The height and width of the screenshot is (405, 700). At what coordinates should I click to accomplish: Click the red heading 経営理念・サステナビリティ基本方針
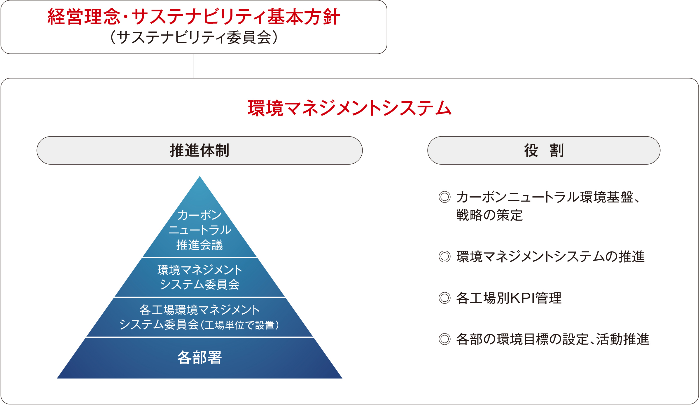tap(194, 17)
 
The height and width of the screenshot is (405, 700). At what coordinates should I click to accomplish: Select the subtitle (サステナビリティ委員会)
tap(194, 38)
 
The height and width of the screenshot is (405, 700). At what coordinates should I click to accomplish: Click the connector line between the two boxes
tap(194, 66)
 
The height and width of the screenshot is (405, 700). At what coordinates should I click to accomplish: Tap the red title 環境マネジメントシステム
tap(349, 108)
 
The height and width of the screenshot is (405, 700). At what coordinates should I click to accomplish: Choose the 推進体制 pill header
tap(199, 151)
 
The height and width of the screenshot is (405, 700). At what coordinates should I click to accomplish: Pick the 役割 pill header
tap(544, 151)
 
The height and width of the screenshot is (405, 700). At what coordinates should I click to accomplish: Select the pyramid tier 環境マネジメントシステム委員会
tap(199, 277)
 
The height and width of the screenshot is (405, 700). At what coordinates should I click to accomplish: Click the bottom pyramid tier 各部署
tap(199, 358)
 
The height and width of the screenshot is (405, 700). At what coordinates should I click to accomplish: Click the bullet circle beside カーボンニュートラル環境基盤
tap(444, 197)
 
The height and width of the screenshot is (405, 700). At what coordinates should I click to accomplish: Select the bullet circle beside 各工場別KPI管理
tap(444, 298)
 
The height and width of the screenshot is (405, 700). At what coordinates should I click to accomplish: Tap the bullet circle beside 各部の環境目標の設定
tap(444, 339)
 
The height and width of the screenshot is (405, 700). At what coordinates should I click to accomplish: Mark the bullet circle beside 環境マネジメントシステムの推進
tap(444, 257)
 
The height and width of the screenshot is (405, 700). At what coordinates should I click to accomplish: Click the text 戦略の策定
tap(489, 215)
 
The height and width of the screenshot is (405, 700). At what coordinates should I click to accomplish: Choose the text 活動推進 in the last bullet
tap(623, 339)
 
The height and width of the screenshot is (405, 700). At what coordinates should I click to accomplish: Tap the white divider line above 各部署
tap(199, 337)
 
